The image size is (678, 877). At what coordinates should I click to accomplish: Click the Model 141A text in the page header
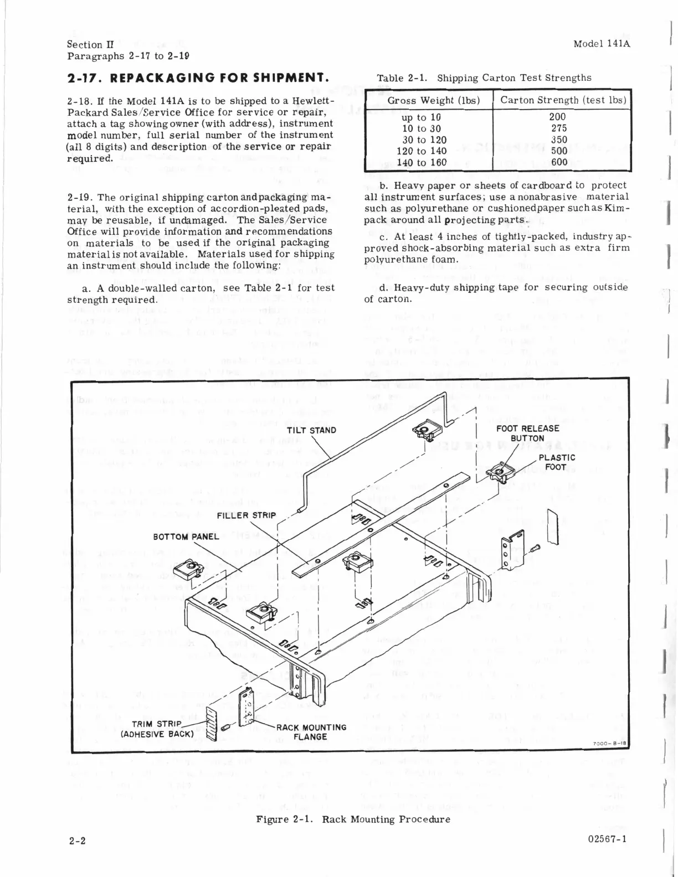point(602,44)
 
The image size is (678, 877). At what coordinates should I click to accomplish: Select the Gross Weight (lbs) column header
point(429,100)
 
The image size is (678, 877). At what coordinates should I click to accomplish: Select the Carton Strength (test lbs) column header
point(563,100)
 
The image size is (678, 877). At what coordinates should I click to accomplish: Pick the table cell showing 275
point(559,128)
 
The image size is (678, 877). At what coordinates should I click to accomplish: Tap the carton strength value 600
point(559,162)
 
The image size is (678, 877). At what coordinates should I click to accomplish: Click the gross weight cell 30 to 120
point(424,140)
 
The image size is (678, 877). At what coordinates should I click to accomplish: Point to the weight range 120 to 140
point(424,151)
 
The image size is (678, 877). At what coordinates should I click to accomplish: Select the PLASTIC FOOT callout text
point(556,462)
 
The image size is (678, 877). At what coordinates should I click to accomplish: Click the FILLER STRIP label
point(246,515)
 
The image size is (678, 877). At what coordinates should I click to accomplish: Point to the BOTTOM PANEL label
point(186,536)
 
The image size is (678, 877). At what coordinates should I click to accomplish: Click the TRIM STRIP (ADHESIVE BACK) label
point(157,729)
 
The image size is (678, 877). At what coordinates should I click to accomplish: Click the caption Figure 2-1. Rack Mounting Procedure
point(353,819)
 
